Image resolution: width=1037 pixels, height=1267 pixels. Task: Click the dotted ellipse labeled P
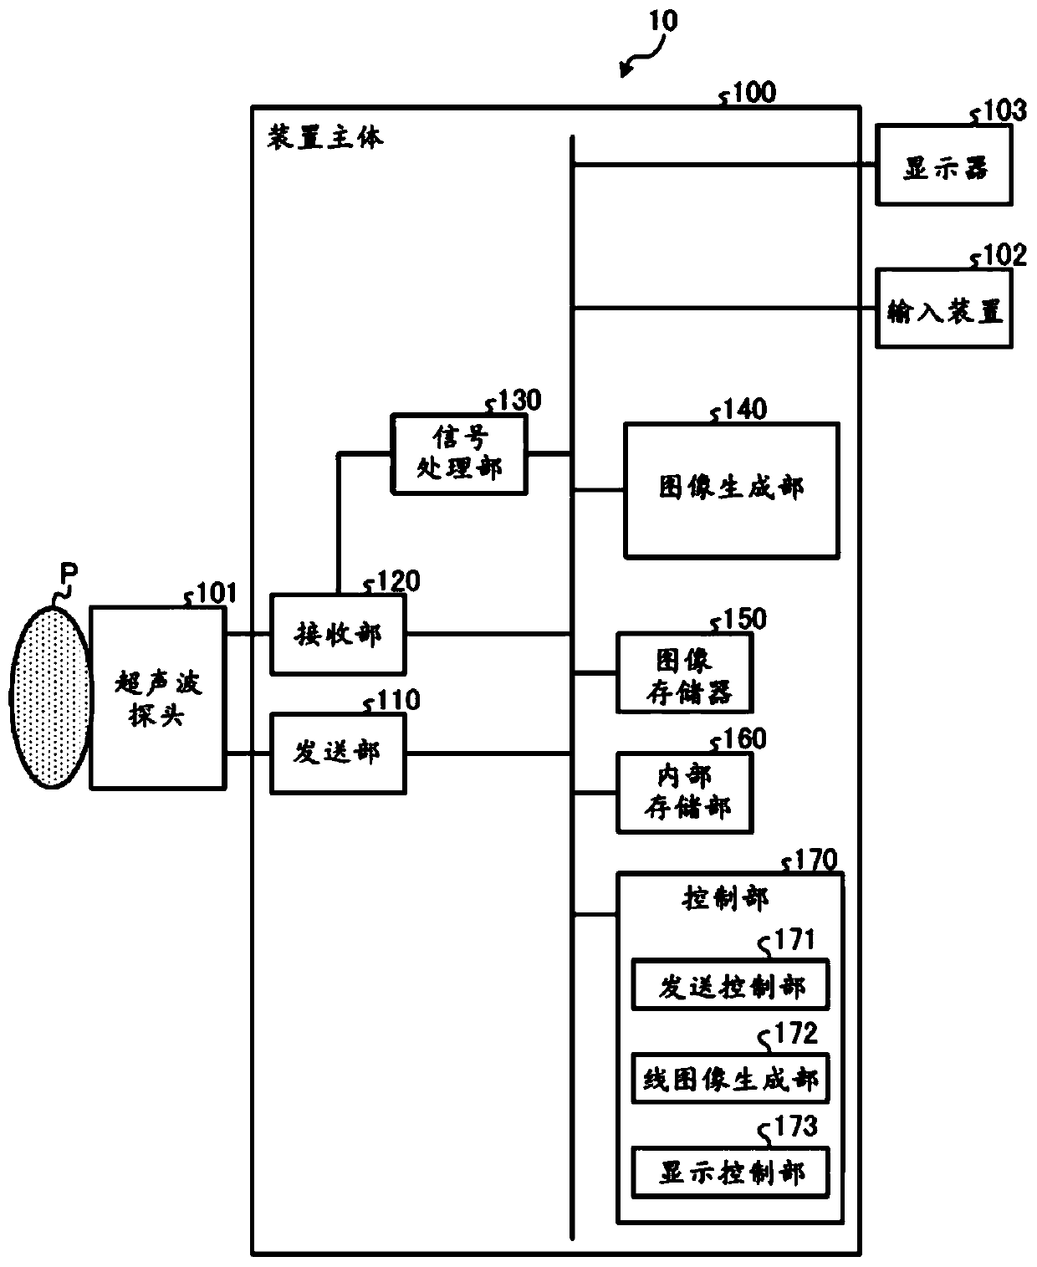tap(51, 697)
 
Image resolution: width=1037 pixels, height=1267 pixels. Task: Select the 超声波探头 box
tap(157, 698)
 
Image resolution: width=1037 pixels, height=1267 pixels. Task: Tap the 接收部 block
tap(338, 635)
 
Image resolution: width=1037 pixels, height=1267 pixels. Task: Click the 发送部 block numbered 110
tap(338, 754)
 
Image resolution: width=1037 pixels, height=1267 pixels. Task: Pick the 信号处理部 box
tap(459, 454)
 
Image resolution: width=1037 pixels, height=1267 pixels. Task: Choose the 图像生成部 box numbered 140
tap(731, 491)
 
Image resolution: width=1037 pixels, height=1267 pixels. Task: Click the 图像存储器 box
tap(684, 673)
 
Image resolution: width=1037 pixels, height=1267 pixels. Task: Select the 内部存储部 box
tap(684, 793)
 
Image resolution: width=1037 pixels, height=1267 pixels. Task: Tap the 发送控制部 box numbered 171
tap(730, 984)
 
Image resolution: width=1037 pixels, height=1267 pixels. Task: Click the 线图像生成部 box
tap(730, 1078)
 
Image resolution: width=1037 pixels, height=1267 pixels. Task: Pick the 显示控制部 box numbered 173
tap(730, 1172)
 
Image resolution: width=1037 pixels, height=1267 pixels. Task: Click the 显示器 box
tap(944, 166)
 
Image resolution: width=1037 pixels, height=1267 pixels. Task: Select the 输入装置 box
tap(944, 309)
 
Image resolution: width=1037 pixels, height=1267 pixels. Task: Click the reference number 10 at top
tap(662, 21)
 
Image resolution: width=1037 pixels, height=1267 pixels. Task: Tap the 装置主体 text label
tap(325, 138)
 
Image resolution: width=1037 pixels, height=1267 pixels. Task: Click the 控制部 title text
tap(725, 899)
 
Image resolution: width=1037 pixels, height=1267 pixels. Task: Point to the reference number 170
tap(815, 861)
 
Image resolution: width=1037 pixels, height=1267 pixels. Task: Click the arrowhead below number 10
tap(625, 71)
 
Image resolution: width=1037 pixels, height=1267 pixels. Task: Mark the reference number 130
tap(519, 400)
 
